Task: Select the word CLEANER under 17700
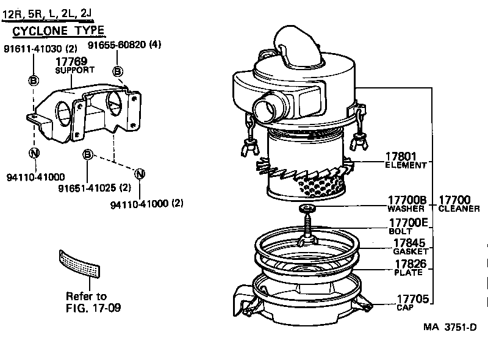pyautogui.click(x=459, y=209)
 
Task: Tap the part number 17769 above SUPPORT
pyautogui.click(x=71, y=62)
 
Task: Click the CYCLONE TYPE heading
pyautogui.click(x=58, y=31)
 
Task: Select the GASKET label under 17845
pyautogui.click(x=411, y=251)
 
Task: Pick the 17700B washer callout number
pyautogui.click(x=407, y=200)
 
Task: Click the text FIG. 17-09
pyautogui.click(x=93, y=308)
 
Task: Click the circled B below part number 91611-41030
pyautogui.click(x=34, y=81)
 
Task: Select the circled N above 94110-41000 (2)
pyautogui.click(x=140, y=174)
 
